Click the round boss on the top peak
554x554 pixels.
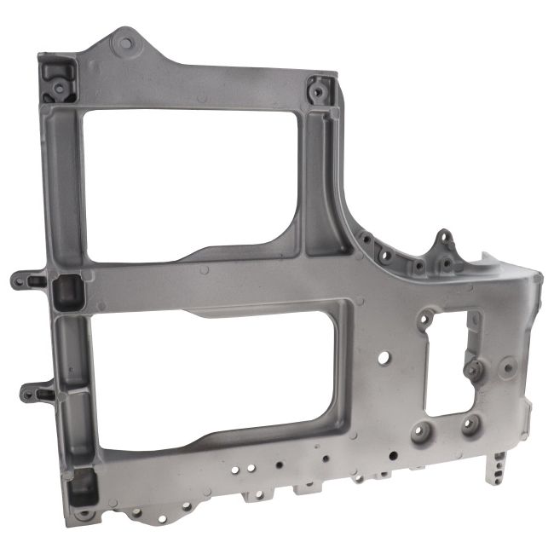tap(126, 42)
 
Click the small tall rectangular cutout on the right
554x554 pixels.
tap(447, 362)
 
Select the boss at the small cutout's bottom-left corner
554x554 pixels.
tap(422, 431)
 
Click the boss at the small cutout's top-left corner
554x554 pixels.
tap(424, 322)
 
